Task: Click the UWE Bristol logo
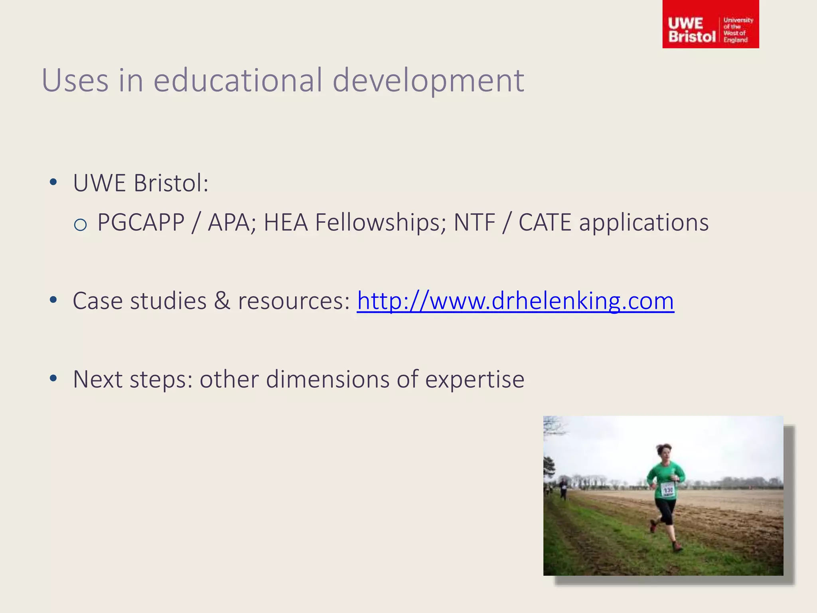[710, 25]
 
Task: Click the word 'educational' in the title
[238, 80]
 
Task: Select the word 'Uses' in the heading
[75, 80]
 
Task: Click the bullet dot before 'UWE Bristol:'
[53, 183]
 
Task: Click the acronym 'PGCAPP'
[141, 222]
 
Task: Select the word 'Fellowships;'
[381, 222]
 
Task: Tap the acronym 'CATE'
[545, 222]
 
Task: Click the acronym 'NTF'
[474, 222]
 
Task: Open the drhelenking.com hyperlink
[515, 301]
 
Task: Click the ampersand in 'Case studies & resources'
[222, 301]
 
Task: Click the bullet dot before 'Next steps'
[53, 379]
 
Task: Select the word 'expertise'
[474, 380]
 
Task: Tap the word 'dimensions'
[327, 379]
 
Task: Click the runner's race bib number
[668, 490]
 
